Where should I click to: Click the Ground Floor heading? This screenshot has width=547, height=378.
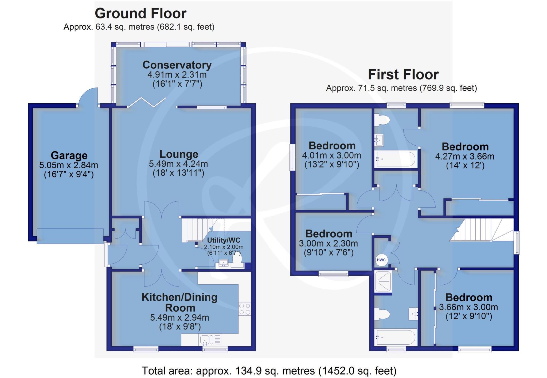click(x=140, y=13)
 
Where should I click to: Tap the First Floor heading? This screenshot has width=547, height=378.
click(x=403, y=74)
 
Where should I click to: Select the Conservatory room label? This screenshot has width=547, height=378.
click(x=177, y=65)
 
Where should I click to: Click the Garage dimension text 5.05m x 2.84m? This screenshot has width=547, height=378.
click(x=69, y=165)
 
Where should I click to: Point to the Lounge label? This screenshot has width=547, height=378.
click(x=179, y=154)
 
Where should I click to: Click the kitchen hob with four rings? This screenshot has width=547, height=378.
click(x=245, y=309)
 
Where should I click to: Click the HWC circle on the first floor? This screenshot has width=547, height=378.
click(x=381, y=260)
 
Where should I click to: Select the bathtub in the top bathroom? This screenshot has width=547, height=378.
click(x=395, y=159)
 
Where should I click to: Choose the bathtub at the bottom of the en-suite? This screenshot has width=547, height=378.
click(x=395, y=337)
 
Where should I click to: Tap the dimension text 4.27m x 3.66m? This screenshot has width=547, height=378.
click(x=465, y=156)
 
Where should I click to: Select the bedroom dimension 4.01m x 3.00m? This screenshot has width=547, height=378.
click(x=331, y=155)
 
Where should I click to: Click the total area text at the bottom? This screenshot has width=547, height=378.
click(x=269, y=371)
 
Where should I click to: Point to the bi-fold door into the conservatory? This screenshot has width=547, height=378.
click(x=147, y=102)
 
